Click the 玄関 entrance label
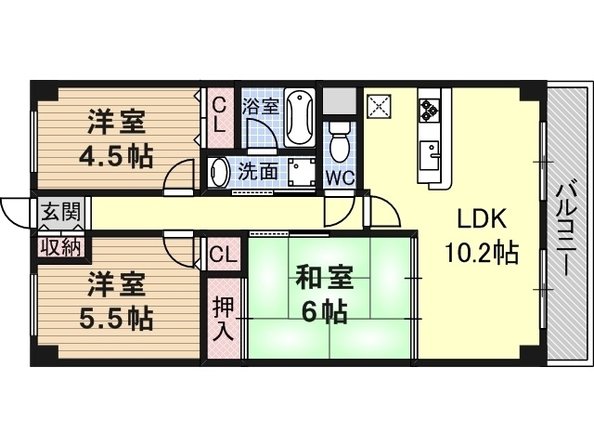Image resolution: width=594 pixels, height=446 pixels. click(61, 212)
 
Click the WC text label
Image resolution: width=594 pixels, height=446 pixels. click(341, 177)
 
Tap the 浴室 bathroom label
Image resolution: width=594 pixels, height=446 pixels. click(261, 107)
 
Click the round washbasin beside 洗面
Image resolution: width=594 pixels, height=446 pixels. click(218, 173)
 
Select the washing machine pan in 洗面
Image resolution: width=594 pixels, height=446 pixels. click(302, 173)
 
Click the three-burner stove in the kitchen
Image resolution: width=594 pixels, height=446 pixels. click(429, 111)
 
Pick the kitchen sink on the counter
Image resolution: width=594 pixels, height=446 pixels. click(429, 155)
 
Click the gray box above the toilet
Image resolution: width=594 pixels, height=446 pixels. click(339, 101)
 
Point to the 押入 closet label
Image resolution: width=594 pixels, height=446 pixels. click(224, 319)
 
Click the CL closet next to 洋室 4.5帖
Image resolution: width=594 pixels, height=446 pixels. click(219, 118)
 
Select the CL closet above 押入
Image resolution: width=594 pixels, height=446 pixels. click(224, 254)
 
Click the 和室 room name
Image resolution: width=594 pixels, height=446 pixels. click(324, 279)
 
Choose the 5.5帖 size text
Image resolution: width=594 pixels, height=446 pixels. click(116, 319)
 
